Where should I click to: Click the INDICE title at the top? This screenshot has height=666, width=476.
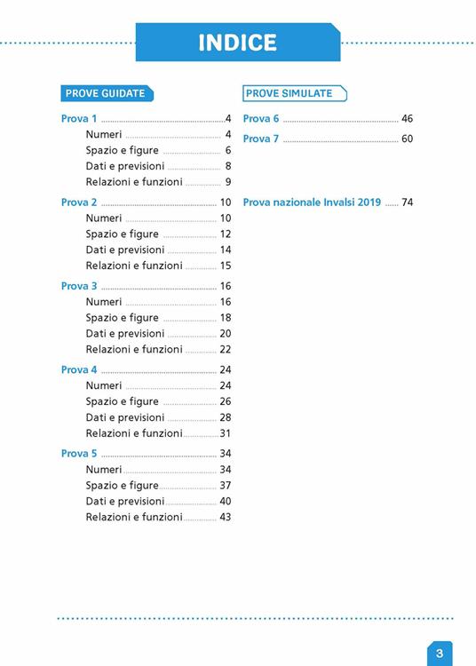[237, 43]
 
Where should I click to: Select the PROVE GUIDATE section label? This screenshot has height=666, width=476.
[104, 93]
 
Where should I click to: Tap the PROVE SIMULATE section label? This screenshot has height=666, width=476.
[290, 93]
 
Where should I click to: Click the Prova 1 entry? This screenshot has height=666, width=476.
[80, 119]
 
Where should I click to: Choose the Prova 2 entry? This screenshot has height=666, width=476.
[80, 202]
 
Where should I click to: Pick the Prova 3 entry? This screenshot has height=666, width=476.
[80, 286]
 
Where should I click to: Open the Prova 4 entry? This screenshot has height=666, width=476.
[80, 369]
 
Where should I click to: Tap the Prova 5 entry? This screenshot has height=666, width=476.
[80, 454]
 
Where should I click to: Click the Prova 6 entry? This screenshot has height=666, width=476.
[261, 119]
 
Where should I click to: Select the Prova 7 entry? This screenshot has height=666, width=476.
[261, 139]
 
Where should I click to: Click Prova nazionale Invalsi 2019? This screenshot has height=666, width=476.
[312, 202]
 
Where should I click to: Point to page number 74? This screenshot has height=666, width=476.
[408, 202]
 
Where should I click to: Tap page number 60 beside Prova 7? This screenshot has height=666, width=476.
[408, 139]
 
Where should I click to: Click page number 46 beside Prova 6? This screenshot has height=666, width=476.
[408, 119]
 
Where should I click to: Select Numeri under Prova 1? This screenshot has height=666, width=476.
[104, 135]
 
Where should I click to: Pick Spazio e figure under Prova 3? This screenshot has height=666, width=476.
[123, 318]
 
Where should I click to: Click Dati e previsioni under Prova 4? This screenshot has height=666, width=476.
[125, 417]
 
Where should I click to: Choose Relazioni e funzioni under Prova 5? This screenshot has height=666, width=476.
[134, 517]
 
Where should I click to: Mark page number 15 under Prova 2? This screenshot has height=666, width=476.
[226, 266]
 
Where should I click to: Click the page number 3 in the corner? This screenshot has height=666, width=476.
[440, 654]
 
